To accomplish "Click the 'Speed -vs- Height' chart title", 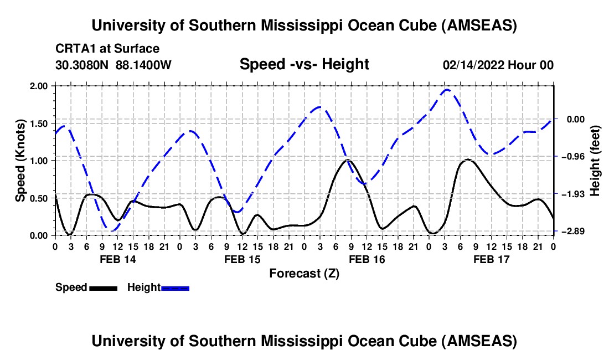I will pyautogui.click(x=304, y=65).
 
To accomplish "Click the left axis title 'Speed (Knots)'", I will pyautogui.click(x=20, y=161).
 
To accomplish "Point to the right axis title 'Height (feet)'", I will pyautogui.click(x=595, y=161).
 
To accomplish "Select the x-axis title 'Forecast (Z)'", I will pyautogui.click(x=304, y=273).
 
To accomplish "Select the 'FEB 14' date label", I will pyautogui.click(x=117, y=259).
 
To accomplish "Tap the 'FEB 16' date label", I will pyautogui.click(x=367, y=259).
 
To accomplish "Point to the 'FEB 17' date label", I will pyautogui.click(x=492, y=259).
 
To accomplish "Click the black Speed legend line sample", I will pyautogui.click(x=103, y=287).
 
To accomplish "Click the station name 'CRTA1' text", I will pyautogui.click(x=74, y=49).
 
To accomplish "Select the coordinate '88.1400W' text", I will pyautogui.click(x=144, y=65).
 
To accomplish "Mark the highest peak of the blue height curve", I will pyautogui.click(x=447, y=89).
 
